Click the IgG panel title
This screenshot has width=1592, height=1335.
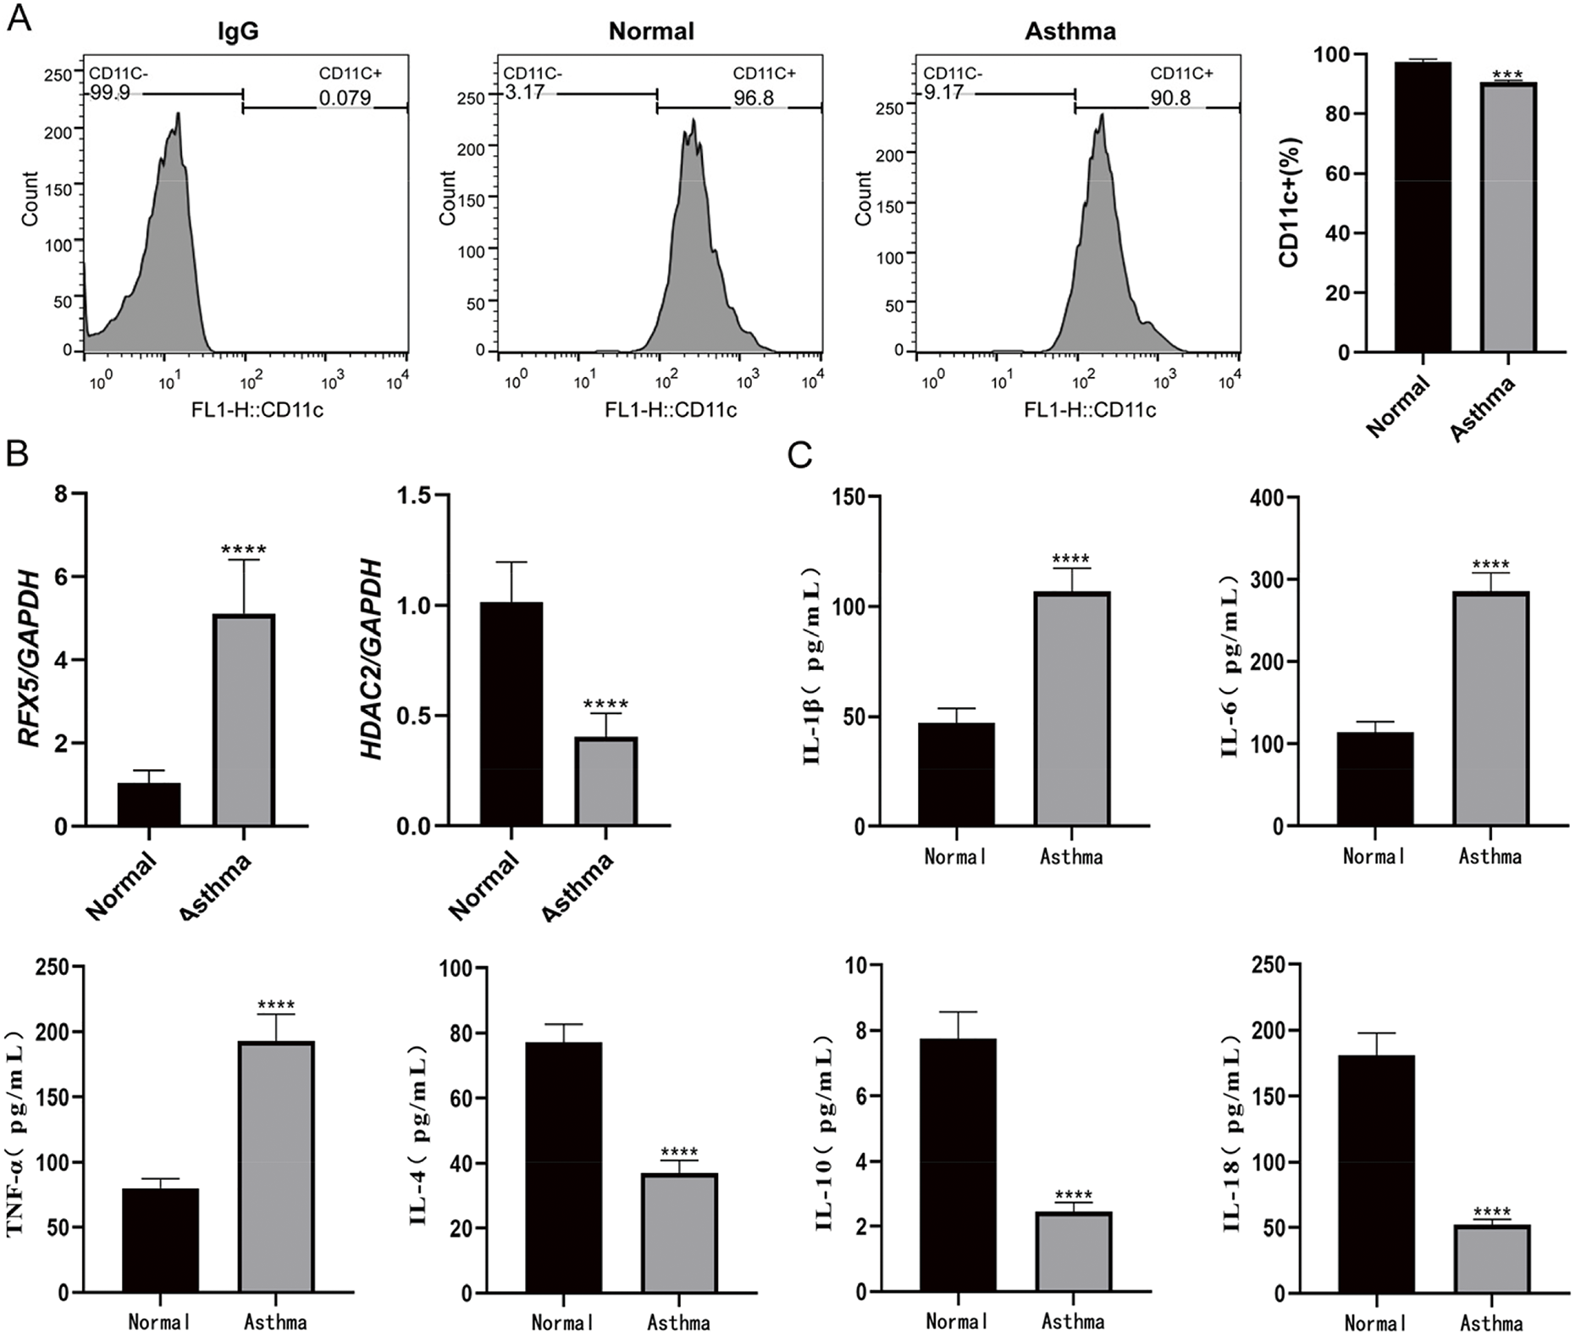238,32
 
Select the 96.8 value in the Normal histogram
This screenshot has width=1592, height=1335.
753,98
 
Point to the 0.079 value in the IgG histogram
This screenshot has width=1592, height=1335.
345,98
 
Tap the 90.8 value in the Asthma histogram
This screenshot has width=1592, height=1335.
1170,98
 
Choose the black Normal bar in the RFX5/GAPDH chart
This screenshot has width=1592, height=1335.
149,804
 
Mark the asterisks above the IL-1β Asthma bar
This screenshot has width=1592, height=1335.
1070,560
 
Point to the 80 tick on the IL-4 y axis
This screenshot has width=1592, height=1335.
462,1033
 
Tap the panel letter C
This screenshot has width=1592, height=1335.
799,456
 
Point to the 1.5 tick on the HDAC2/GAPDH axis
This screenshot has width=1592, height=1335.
415,496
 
